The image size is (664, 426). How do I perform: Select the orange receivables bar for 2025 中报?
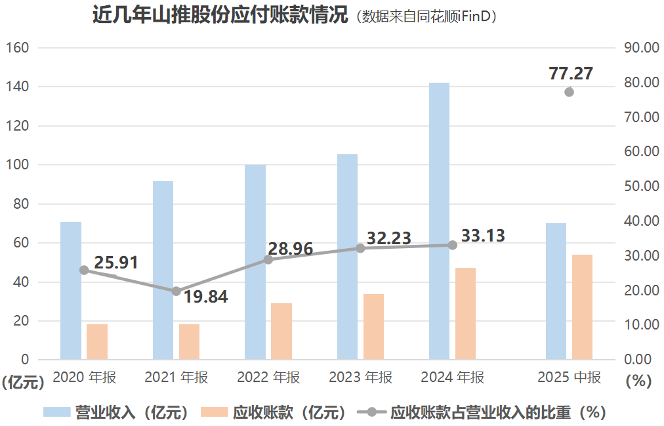582,307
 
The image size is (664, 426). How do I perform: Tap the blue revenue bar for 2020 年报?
71,290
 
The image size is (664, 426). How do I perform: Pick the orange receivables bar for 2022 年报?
281,331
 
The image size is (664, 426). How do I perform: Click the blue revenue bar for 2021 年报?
163,270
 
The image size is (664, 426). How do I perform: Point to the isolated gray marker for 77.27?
569,92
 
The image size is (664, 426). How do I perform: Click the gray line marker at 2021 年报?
176,291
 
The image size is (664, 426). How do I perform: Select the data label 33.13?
483,236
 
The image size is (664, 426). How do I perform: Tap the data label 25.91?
116,263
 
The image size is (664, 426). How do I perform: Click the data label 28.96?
290,249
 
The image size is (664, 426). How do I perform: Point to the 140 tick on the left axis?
18,87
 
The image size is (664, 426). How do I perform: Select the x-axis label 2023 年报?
360,377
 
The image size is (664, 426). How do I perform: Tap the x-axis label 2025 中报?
569,377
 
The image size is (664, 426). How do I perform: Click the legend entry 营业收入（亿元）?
117,412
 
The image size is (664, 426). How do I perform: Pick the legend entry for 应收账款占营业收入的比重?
482,412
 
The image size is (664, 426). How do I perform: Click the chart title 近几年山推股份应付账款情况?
220,16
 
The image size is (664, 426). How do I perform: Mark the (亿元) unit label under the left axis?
24,381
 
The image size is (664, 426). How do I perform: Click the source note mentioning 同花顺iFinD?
426,17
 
